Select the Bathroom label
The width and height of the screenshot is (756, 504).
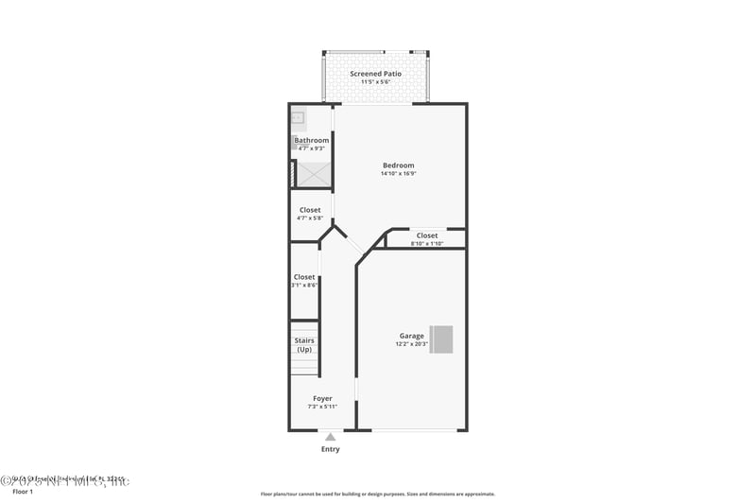click(312, 140)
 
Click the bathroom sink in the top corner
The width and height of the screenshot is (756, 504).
click(298, 118)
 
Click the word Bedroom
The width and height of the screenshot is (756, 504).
click(398, 165)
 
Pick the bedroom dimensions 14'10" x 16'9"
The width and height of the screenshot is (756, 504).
click(398, 174)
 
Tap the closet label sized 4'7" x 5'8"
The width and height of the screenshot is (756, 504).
click(310, 210)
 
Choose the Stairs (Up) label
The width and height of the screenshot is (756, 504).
click(304, 345)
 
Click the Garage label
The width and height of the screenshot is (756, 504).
click(411, 336)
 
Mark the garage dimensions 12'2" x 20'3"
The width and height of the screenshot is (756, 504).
click(411, 344)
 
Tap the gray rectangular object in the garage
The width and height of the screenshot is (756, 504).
click(441, 339)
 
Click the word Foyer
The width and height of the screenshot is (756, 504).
click(323, 398)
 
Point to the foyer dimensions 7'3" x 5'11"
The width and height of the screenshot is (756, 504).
click(323, 407)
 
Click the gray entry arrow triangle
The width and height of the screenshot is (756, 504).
click(330, 437)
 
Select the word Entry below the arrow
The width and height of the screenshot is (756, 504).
click(330, 449)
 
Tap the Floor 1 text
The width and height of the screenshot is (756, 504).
click(22, 493)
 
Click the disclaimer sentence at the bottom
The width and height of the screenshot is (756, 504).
click(378, 494)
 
